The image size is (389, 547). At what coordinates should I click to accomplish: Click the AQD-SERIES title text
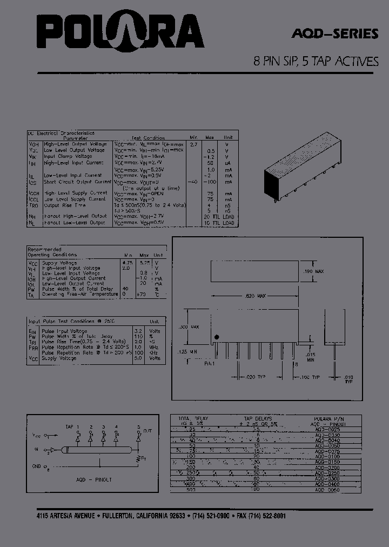pyautogui.click(x=334, y=34)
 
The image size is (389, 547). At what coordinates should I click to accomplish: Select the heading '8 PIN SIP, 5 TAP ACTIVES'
pyautogui.click(x=316, y=61)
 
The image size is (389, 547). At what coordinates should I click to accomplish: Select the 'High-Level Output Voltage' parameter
pyautogui.click(x=75, y=144)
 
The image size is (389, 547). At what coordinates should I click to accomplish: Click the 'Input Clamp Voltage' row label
pyautogui.click(x=68, y=156)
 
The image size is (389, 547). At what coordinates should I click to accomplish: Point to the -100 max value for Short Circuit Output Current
pyautogui.click(x=211, y=182)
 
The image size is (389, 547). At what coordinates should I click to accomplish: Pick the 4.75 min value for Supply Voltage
pyautogui.click(x=128, y=262)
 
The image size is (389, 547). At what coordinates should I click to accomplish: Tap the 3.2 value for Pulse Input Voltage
pyautogui.click(x=138, y=331)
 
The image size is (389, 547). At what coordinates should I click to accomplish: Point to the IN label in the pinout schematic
pyautogui.click(x=37, y=448)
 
